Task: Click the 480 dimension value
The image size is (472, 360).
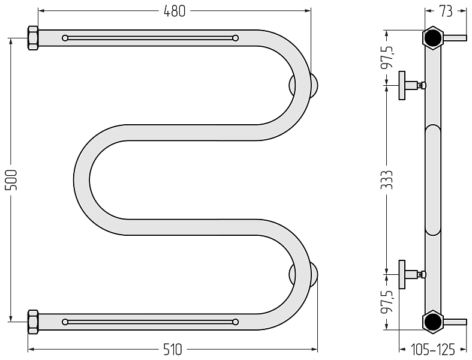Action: (175, 11)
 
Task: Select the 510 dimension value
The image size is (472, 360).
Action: (173, 350)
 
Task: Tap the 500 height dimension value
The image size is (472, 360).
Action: (12, 180)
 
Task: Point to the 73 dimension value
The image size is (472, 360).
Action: (446, 11)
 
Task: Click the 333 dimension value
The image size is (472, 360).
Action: (387, 180)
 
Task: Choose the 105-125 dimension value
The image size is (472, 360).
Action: (433, 350)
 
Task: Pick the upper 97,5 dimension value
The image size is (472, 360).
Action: (387, 57)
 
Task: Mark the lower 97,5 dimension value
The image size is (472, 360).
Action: (387, 302)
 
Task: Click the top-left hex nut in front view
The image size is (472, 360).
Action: (33, 38)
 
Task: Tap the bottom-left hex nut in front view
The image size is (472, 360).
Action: (33, 322)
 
